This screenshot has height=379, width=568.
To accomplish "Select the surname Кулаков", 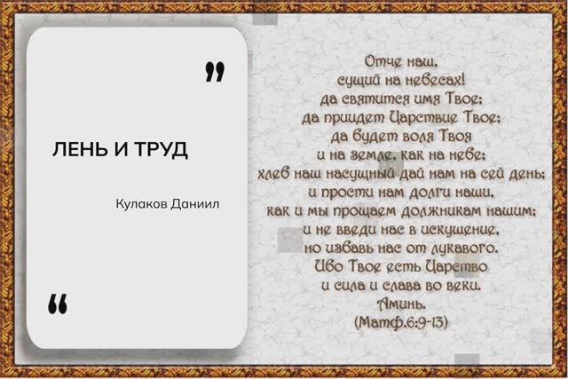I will pyautogui.click(x=142, y=204).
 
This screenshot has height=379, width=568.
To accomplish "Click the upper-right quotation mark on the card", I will pyautogui.click(x=213, y=72).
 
